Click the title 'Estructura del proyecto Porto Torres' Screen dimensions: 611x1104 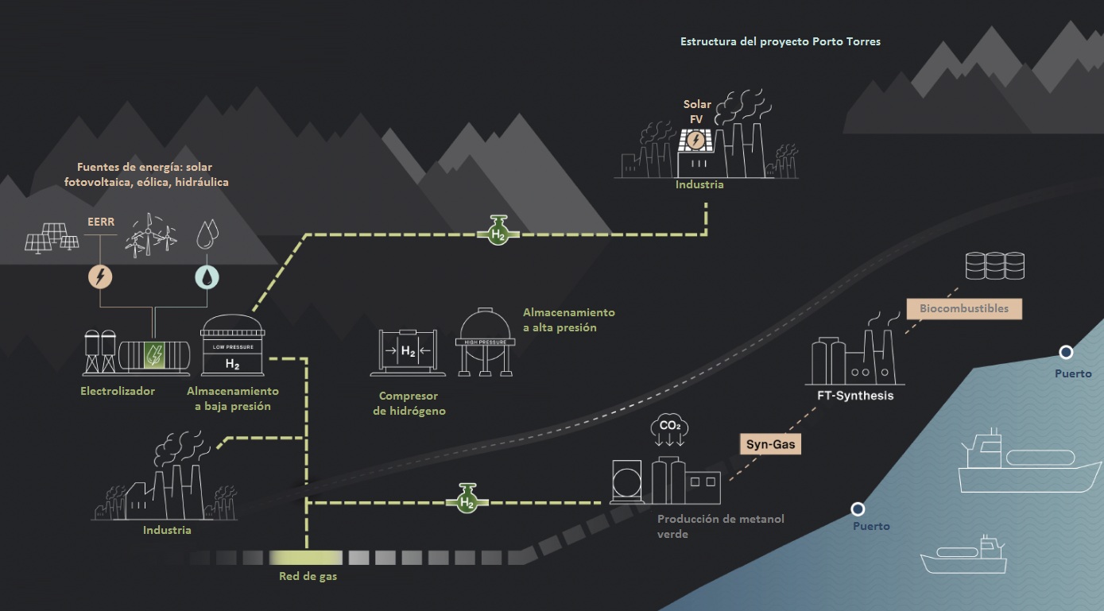pyautogui.click(x=780, y=41)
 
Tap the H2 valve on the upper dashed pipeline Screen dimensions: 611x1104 pyautogui.click(x=498, y=231)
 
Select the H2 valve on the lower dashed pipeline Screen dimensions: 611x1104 pyautogui.click(x=467, y=500)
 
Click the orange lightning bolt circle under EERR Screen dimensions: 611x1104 pyautogui.click(x=100, y=276)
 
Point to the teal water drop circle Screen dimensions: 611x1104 pyautogui.click(x=207, y=276)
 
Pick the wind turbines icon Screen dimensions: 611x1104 pyautogui.click(x=151, y=234)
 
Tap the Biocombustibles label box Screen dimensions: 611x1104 pyautogui.click(x=963, y=308)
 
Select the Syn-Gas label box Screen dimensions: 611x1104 pyautogui.click(x=771, y=445)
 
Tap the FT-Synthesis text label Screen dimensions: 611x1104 pyautogui.click(x=854, y=396)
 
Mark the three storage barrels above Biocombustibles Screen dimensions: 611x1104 pyautogui.click(x=994, y=265)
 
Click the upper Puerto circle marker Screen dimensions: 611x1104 pyautogui.click(x=1066, y=352)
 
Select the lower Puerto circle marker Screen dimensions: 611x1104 pyautogui.click(x=858, y=509)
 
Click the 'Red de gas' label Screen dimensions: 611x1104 pyautogui.click(x=308, y=576)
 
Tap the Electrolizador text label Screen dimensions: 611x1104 pyautogui.click(x=118, y=391)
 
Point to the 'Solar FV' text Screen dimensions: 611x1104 pyautogui.click(x=697, y=111)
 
